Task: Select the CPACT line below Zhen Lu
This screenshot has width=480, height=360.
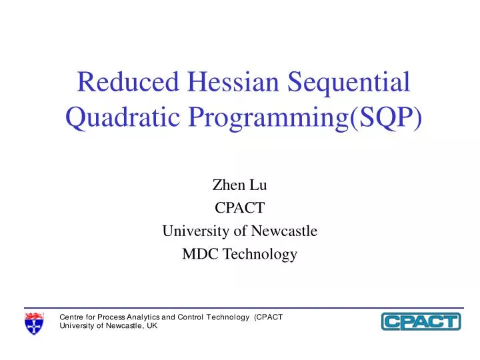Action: point(239,209)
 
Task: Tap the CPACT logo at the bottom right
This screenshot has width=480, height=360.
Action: point(421,321)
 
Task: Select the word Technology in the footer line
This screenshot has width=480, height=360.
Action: point(230,317)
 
